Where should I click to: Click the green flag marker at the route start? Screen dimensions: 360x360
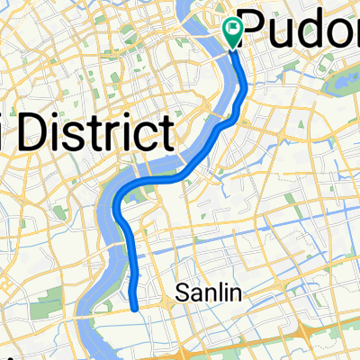point(232,34)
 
